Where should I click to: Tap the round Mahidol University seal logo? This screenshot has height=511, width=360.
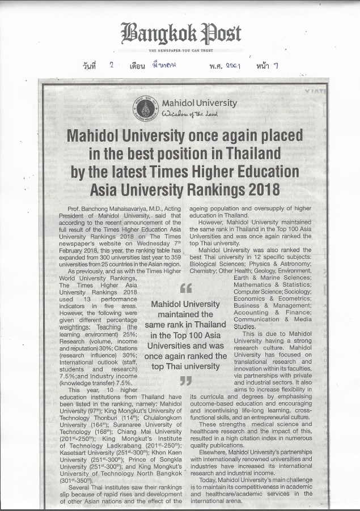coord(145,107)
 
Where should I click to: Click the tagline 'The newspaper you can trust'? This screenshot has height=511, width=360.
coord(180,50)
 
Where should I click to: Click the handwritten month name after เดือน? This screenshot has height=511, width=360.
coord(166,65)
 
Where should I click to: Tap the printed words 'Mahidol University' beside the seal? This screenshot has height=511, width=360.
coord(199,103)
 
